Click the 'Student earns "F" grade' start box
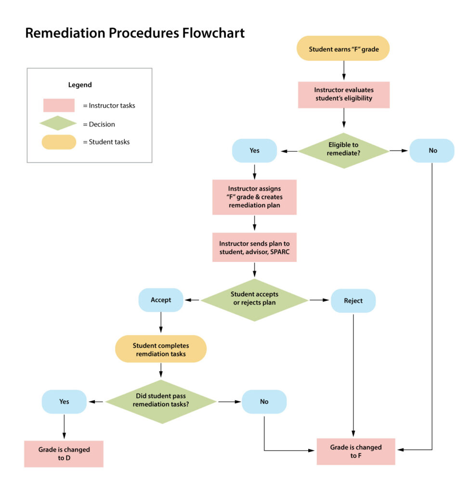point(342,48)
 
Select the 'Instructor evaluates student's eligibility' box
point(344,95)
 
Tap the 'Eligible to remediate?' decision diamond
point(343,151)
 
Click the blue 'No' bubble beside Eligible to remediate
point(432,151)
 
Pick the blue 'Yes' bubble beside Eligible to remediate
point(254,151)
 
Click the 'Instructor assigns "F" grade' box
point(254,197)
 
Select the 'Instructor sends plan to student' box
point(254,247)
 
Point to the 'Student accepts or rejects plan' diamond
point(254,300)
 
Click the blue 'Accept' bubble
point(161,300)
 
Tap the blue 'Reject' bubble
point(353,301)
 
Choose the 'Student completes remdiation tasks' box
point(161,349)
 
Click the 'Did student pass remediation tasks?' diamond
point(161,401)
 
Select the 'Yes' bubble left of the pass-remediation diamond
point(64,401)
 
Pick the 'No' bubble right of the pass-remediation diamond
point(264,401)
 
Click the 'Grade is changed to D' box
point(64,453)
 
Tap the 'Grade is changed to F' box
point(356,452)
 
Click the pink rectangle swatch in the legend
point(59,105)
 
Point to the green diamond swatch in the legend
point(58,124)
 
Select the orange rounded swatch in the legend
point(59,142)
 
